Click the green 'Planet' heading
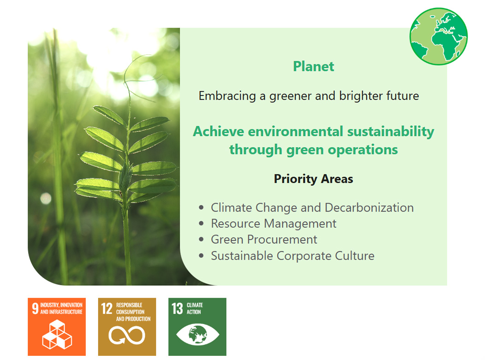pos(314,66)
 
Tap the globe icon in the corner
pos(439,36)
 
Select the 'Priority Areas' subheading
pos(314,179)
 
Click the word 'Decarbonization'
pos(369,207)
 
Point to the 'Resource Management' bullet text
pos(273,224)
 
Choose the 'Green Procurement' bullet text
pos(264,240)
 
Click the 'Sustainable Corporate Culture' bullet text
pos(293,256)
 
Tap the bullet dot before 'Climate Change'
pos(201,207)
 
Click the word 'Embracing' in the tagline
pos(227,96)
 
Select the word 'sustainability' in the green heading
pos(391,132)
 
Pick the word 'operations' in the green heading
pos(363,150)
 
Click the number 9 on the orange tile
pos(35,308)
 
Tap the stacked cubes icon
pos(57,334)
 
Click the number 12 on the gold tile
pos(107,308)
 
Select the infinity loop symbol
pos(127,335)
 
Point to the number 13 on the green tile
pos(177,308)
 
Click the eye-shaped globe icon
pos(197,334)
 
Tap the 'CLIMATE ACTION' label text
pos(195,308)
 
